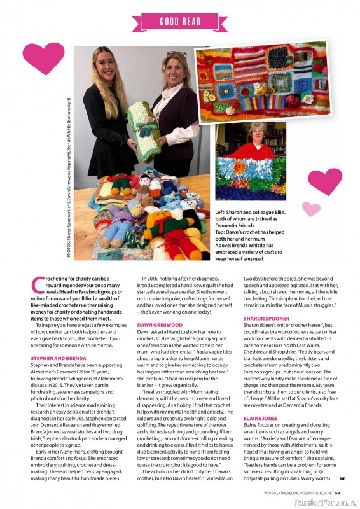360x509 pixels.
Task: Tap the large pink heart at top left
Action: tap(43, 58)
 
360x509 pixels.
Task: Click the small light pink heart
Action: tap(310, 208)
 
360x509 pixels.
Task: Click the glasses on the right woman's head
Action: tap(177, 55)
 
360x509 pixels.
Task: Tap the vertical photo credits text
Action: tap(69, 185)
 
